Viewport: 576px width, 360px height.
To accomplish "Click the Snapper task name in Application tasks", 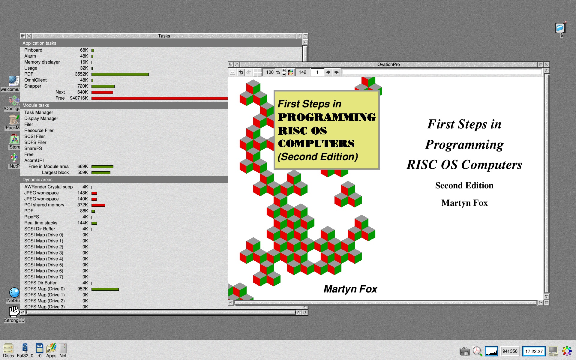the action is coord(33,86).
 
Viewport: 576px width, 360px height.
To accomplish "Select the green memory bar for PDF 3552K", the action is coord(120,74).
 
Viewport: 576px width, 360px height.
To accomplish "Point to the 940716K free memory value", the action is coord(79,98).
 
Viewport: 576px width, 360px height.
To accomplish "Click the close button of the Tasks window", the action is coord(29,36).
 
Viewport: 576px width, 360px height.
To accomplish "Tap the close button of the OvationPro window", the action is coord(237,64).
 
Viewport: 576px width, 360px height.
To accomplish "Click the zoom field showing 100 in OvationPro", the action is coord(270,72).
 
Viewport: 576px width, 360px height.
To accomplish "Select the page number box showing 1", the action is coord(317,72).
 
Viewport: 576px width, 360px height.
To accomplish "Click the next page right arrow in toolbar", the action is coord(336,72).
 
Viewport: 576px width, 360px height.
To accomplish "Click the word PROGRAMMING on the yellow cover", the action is coord(327,117).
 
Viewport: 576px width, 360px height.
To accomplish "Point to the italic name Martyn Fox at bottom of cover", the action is coord(350,289).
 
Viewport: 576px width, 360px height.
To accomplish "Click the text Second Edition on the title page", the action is coord(464,185).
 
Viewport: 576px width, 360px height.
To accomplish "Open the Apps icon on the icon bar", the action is coord(51,350).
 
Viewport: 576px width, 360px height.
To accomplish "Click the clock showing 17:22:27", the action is coord(534,351).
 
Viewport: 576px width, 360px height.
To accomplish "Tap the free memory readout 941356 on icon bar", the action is coord(510,351).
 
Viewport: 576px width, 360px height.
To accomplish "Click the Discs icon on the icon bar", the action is coord(8,350).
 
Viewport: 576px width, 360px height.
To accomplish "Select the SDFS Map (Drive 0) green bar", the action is coord(105,289).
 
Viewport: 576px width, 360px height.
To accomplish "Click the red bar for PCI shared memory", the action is coord(98,205).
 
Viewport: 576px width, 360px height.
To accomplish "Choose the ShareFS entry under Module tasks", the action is coord(33,148).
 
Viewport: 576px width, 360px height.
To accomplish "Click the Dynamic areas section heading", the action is coord(37,180).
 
